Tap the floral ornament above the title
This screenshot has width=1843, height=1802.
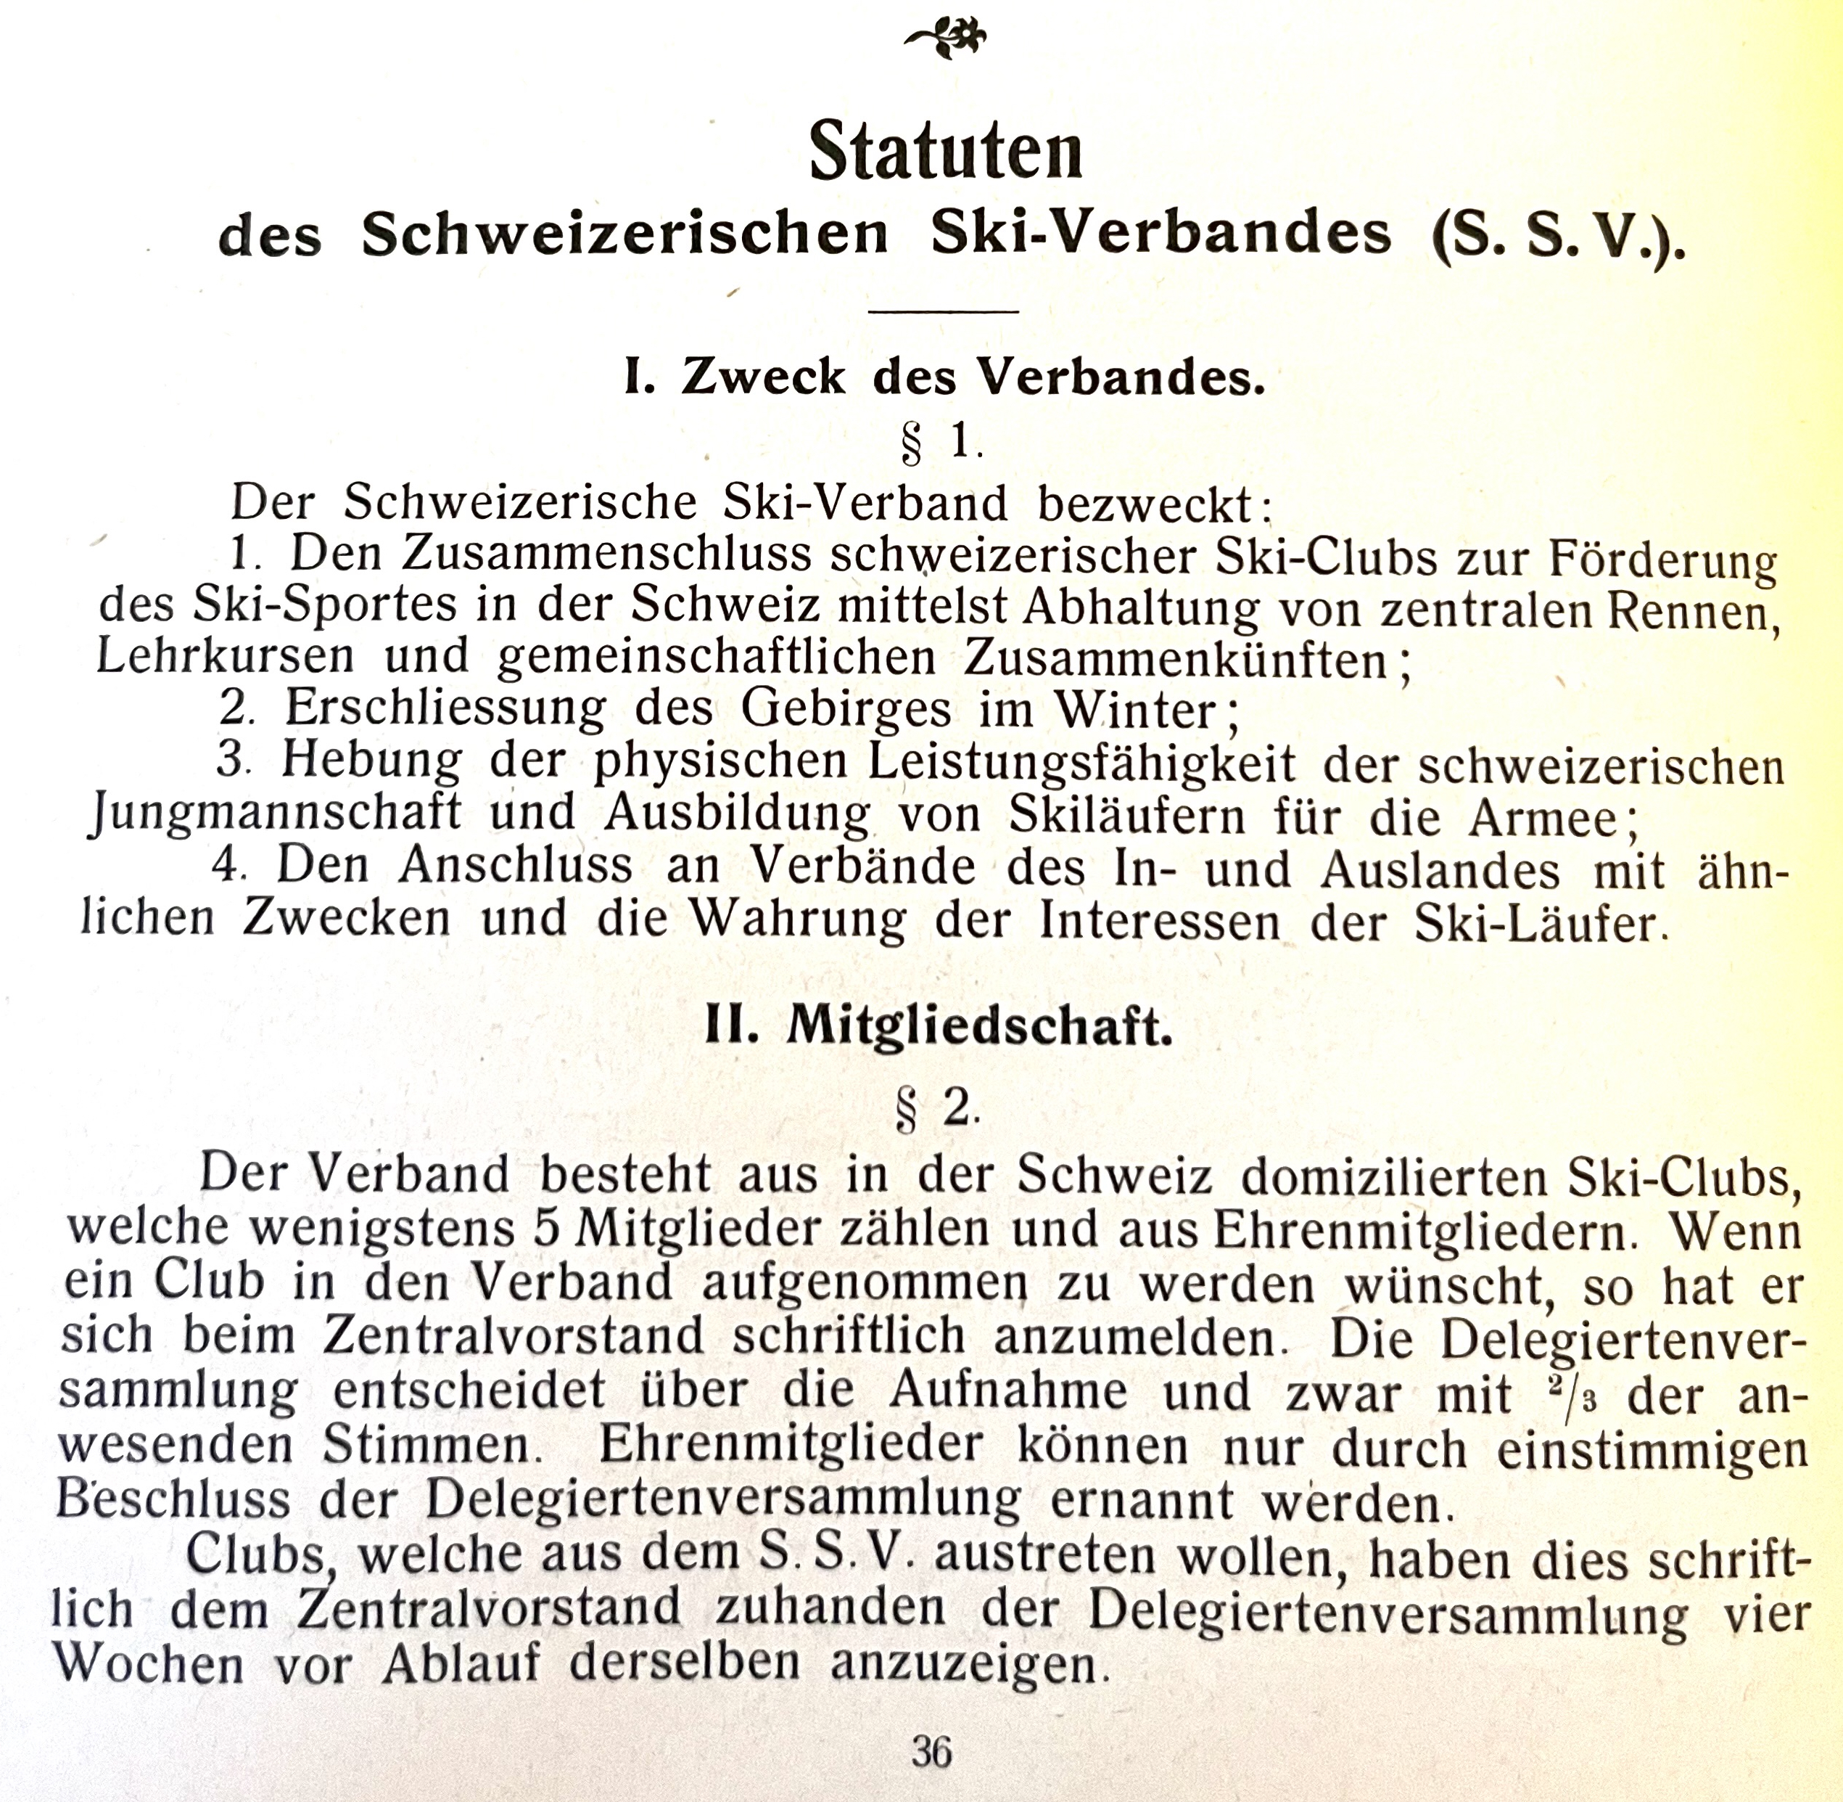point(945,38)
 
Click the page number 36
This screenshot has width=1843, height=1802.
point(932,1752)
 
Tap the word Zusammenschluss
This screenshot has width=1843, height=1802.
point(606,554)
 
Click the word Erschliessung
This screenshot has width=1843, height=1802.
point(445,708)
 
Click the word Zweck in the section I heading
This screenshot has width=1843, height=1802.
point(762,377)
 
